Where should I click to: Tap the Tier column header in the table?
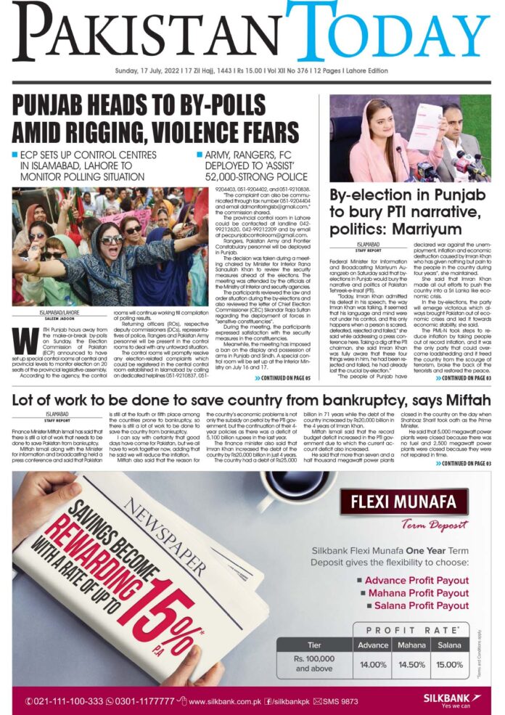point(313,645)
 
